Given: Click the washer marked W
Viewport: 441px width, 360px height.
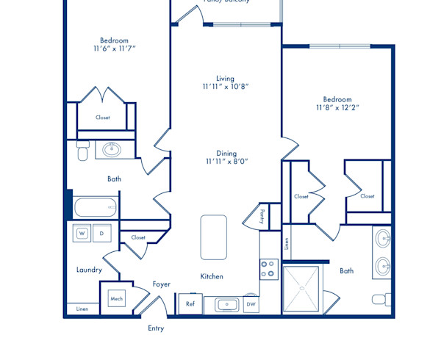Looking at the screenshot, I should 82,234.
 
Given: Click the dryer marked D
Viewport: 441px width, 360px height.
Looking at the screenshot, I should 102,234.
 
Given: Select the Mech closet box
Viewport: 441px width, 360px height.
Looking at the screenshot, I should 116,298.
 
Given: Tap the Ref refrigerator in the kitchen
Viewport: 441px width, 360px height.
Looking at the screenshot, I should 190,303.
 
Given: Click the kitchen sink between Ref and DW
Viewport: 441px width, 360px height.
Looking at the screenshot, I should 224,304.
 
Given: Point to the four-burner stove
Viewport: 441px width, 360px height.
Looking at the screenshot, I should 268,269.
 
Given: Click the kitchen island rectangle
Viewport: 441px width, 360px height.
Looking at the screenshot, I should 213,237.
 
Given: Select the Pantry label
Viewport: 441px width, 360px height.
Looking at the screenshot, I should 262,215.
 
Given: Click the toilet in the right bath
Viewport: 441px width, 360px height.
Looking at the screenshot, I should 380,299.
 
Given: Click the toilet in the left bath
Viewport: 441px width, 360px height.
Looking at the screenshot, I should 82,151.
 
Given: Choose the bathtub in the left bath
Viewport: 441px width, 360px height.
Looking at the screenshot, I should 96,208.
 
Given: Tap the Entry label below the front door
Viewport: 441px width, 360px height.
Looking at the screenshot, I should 156,328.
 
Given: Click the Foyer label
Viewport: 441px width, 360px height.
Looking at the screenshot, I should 162,284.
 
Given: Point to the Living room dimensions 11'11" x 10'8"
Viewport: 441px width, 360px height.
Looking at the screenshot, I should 226,87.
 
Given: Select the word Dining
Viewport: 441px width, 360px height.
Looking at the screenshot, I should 226,154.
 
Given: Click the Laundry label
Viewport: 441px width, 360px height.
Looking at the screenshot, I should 89,270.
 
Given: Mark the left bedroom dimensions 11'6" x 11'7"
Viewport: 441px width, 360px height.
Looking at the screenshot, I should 115,48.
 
